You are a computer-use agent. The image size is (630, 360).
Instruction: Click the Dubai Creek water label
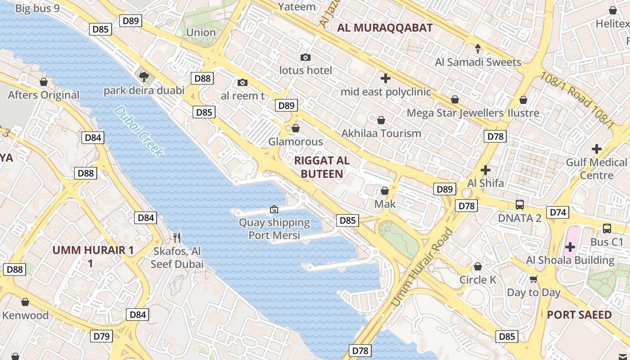point(138,131)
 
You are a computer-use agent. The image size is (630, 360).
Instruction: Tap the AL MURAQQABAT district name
point(385,28)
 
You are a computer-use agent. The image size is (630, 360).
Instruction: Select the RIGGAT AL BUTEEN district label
point(322,167)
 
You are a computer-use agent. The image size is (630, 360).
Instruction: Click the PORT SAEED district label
point(579,315)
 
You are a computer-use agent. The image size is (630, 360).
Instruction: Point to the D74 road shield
point(558,212)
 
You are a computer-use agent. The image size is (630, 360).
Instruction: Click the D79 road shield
point(101,336)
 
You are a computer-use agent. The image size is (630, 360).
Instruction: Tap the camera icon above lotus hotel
point(306,58)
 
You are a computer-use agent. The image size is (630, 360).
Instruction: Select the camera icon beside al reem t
point(242,83)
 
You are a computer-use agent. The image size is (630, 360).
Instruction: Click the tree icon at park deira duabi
point(144,76)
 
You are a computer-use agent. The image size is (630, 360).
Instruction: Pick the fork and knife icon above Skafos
point(177,238)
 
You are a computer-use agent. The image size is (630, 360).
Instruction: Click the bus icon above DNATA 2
point(520,205)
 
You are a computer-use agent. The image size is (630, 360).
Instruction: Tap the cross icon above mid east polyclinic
point(385,78)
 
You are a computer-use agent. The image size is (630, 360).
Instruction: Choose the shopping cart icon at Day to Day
point(534,279)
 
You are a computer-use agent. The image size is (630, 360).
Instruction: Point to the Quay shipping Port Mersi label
point(274,229)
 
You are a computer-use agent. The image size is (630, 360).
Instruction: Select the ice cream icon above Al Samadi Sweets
point(478,49)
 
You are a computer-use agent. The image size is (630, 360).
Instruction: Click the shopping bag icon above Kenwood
point(25,302)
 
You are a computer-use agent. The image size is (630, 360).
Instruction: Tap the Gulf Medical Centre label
point(596,168)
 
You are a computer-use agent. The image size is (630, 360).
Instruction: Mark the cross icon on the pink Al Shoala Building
point(570,247)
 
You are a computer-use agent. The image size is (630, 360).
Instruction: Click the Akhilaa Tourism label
point(381,133)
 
